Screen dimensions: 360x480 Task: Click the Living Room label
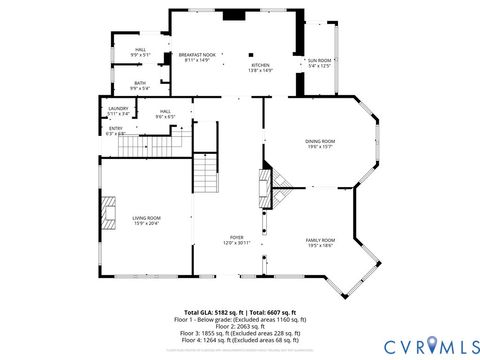pyautogui.click(x=146, y=220)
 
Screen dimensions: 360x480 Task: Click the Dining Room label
pyautogui.click(x=320, y=144)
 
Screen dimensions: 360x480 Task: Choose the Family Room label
pyautogui.click(x=320, y=243)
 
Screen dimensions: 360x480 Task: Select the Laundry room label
pyautogui.click(x=118, y=112)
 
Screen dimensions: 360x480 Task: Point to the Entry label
pyautogui.click(x=115, y=130)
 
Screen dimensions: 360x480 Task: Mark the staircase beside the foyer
pyautogui.click(x=205, y=173)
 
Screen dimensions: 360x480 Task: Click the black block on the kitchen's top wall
pyautogui.click(x=233, y=14)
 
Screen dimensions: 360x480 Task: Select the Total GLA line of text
pyautogui.click(x=240, y=312)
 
